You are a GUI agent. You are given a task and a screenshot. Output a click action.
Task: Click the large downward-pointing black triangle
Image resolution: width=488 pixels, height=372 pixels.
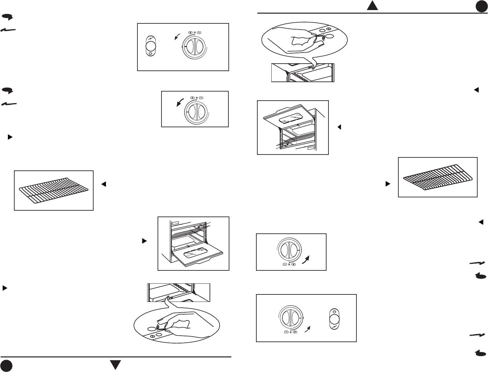point(115,365)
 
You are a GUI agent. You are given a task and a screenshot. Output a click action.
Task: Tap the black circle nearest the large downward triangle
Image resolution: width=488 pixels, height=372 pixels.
point(6,366)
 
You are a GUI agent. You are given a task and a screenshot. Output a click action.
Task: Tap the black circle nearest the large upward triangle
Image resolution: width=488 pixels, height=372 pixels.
point(482,7)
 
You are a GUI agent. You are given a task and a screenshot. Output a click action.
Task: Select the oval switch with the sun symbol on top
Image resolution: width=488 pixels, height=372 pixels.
point(334,319)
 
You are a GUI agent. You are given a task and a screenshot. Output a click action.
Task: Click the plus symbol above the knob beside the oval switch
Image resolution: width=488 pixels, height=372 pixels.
point(190,32)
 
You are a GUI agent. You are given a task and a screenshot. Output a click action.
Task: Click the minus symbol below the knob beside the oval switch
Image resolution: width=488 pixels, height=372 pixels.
point(286,332)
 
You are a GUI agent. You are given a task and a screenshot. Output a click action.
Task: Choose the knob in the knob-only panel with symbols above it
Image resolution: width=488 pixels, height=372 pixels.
point(195,112)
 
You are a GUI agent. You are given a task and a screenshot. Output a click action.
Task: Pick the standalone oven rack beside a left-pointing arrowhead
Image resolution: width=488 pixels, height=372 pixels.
point(54,190)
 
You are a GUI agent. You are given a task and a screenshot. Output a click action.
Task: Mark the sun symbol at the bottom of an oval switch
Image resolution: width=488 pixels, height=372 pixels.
point(150,54)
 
